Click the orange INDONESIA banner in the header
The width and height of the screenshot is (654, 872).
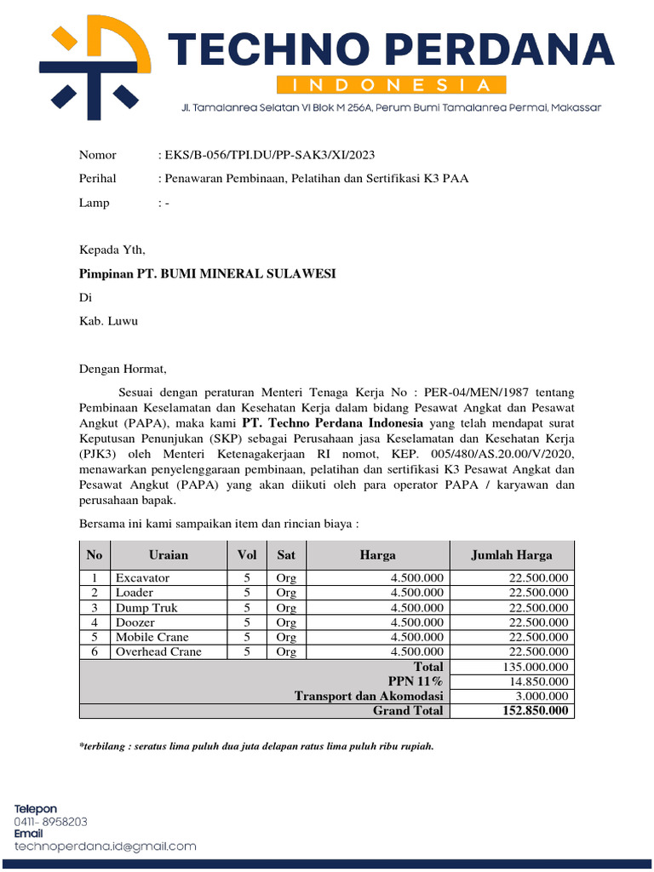click(x=392, y=85)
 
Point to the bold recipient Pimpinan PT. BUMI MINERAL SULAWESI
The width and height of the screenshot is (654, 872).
click(x=207, y=273)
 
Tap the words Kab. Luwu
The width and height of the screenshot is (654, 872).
click(x=108, y=321)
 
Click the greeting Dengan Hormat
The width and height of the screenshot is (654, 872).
click(x=123, y=370)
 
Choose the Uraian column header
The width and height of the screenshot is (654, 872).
click(x=169, y=555)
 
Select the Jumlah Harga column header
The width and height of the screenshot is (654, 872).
click(x=512, y=555)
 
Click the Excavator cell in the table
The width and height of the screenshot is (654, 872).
click(x=143, y=578)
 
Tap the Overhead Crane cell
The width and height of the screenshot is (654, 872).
click(x=158, y=651)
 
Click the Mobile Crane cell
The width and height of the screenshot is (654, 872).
click(x=152, y=637)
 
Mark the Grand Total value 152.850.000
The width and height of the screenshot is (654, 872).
click(x=535, y=711)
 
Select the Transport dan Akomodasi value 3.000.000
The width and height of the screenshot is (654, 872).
click(x=542, y=696)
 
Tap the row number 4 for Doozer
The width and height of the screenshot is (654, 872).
click(x=95, y=622)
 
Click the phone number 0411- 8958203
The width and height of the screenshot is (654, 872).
click(x=50, y=822)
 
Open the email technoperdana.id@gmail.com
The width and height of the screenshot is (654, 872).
click(x=105, y=846)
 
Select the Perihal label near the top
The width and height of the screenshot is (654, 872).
click(x=97, y=179)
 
